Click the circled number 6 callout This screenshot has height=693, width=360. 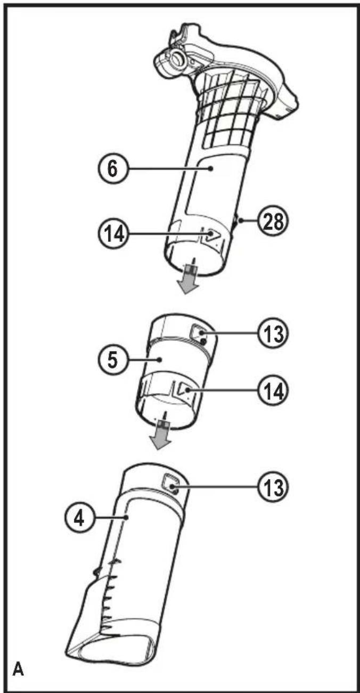[113, 169]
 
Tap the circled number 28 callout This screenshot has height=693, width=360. [273, 221]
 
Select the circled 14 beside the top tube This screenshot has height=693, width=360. [113, 234]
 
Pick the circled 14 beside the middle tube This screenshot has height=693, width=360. [273, 392]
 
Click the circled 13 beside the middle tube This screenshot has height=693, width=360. [273, 333]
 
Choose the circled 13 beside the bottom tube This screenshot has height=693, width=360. [273, 487]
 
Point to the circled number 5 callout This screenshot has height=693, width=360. [113, 360]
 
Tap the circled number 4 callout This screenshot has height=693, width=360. [79, 518]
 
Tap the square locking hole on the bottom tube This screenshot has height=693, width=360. [171, 482]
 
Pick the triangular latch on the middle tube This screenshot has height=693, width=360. [185, 389]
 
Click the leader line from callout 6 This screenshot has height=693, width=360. [169, 169]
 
